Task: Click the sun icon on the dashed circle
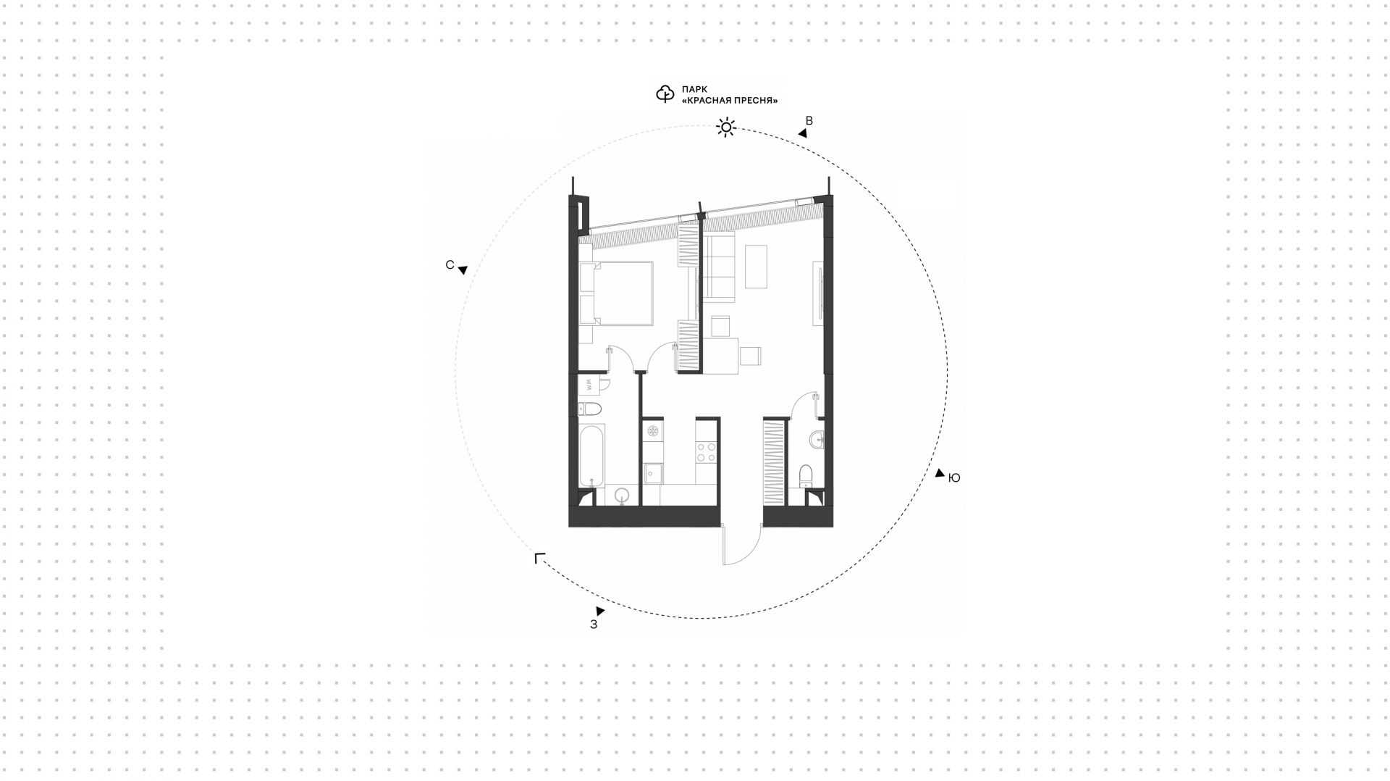726,128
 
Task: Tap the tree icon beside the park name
665,94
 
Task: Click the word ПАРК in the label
694,89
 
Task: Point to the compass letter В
809,121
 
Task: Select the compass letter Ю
954,478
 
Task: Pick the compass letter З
594,625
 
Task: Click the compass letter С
450,265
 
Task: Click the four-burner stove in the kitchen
707,453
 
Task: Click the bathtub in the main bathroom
592,456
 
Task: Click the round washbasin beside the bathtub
622,496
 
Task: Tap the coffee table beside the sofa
757,267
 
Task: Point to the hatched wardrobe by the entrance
775,464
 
